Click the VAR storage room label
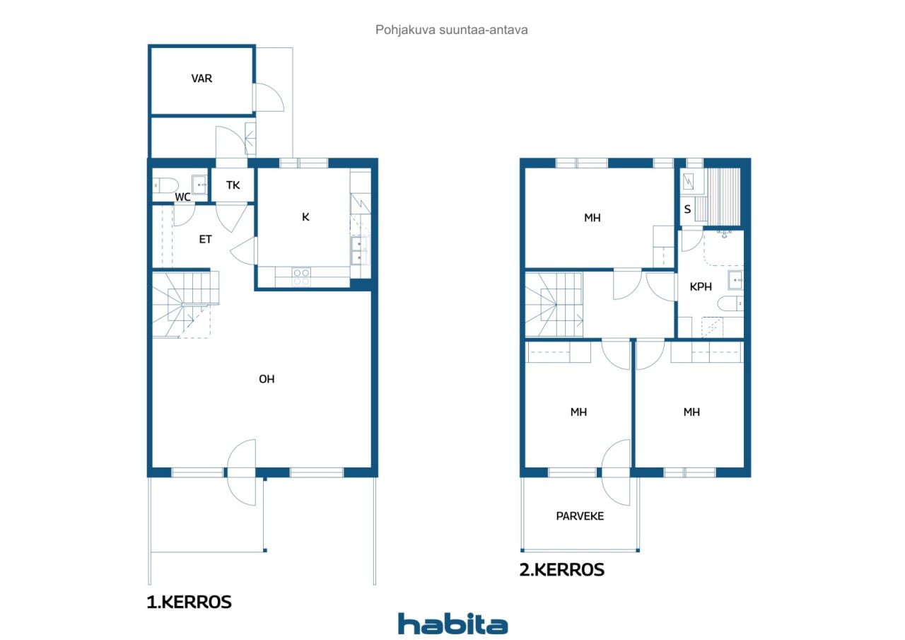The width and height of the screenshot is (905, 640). (202, 78)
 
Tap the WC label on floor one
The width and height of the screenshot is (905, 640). (182, 197)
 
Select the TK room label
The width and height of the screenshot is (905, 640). (233, 185)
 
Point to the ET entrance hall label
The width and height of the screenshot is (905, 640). (205, 239)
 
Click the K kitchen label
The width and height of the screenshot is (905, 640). (305, 217)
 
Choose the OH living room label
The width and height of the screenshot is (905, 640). (267, 379)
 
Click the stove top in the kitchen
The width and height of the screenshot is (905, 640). (301, 277)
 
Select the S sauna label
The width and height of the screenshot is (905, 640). (687, 209)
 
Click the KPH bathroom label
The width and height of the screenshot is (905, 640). (701, 286)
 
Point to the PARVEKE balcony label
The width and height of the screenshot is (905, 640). (580, 516)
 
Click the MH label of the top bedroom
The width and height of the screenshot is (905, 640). (592, 218)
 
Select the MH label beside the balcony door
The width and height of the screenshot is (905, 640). (578, 412)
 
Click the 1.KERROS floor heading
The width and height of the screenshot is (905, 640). (189, 602)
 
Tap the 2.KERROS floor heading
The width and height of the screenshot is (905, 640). (561, 570)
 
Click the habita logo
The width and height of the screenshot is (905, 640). (453, 624)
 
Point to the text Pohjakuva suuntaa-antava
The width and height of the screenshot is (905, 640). (451, 30)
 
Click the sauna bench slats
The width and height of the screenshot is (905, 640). (723, 197)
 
